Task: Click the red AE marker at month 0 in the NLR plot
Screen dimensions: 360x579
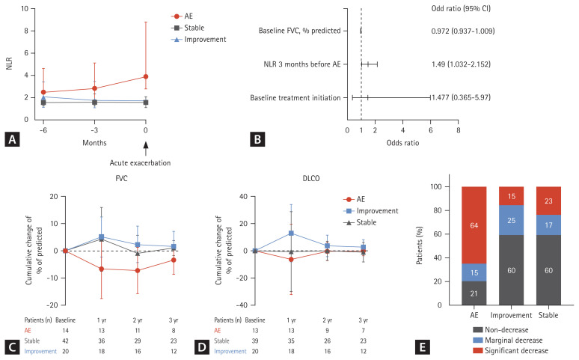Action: point(146,76)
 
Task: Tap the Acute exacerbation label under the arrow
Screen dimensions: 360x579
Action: point(146,162)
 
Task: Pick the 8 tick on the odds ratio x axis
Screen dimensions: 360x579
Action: point(458,130)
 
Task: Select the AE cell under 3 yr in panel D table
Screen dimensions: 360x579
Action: point(363,329)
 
